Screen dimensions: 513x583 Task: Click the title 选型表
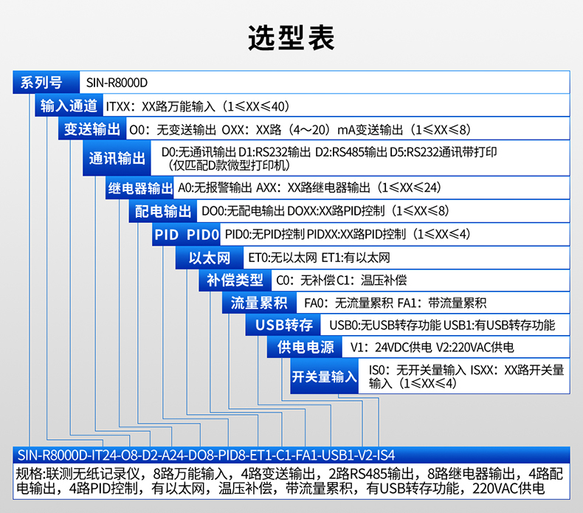[x=291, y=36]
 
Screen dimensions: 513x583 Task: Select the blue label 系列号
[x=42, y=82]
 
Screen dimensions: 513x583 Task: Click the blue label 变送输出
[x=92, y=129]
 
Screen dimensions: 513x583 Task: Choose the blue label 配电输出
[x=163, y=211]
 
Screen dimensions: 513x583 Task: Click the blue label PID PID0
[x=187, y=235]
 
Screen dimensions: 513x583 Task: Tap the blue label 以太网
[x=210, y=258]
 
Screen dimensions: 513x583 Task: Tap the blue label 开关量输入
[x=325, y=376]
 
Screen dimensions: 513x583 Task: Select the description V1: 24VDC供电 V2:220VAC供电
[x=432, y=348]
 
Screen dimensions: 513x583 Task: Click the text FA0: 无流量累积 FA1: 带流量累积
[x=395, y=303]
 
